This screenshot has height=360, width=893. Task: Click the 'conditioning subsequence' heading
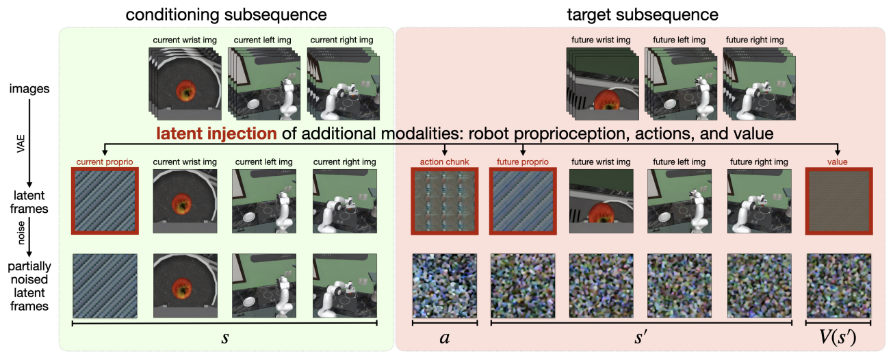pos(226,15)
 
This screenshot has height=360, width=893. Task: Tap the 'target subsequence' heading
pos(643,15)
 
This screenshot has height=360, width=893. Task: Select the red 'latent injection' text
pos(216,133)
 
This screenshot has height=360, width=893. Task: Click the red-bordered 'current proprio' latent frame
pos(105,201)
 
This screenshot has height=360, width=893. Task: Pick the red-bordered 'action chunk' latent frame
pos(445,201)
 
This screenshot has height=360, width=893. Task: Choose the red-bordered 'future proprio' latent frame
pos(523,201)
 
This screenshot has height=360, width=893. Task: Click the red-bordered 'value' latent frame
pos(839,201)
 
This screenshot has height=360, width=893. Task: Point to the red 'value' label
pos(837,162)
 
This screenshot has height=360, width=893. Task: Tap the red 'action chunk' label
pos(444,162)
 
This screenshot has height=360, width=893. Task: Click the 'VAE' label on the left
pos(21,144)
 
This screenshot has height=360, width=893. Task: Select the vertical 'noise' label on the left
pos(21,233)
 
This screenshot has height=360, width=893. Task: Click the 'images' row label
pos(29,88)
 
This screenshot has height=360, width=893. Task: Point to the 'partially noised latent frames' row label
pos(29,286)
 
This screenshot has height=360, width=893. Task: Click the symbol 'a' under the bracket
pos(445,338)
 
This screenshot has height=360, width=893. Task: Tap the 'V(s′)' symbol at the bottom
pos(838,337)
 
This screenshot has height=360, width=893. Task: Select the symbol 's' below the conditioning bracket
pos(225,338)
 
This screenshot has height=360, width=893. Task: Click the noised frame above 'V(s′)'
pos(839,285)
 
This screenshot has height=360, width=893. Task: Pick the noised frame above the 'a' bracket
pos(445,285)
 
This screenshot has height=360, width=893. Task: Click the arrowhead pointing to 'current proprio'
pos(105,152)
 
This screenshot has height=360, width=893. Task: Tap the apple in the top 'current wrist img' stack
pos(185,90)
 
